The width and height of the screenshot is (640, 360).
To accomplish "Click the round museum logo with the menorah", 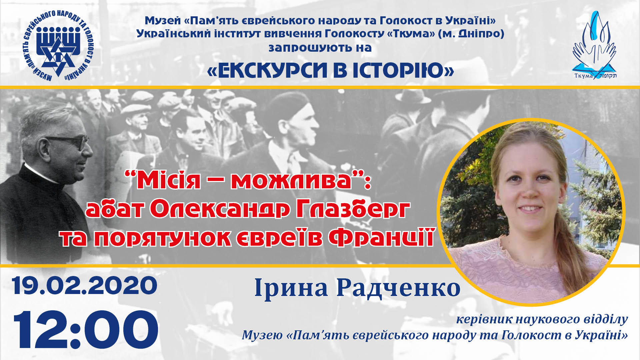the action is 59,45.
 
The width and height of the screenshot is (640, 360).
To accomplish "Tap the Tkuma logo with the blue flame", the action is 594,45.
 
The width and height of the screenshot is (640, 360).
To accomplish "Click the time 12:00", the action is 86,329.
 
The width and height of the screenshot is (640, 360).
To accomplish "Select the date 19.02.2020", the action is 85,285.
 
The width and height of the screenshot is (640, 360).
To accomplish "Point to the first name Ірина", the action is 291,288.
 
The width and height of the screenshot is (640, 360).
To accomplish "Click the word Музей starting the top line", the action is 163,21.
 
